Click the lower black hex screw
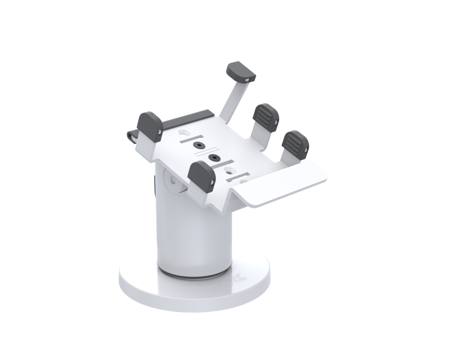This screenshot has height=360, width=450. [x=212, y=157]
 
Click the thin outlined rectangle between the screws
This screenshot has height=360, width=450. [x=206, y=151]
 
